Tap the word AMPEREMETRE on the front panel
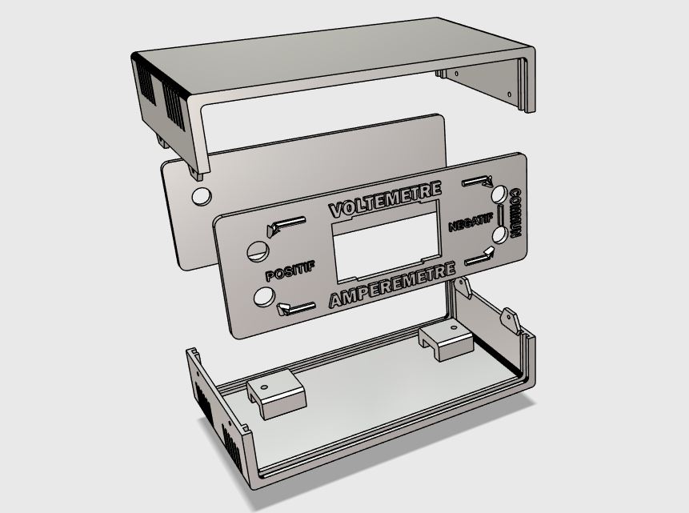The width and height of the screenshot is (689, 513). (392, 285)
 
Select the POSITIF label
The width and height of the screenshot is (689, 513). (290, 270)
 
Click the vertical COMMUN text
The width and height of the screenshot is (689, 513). (515, 213)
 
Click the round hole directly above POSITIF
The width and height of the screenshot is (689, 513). (258, 251)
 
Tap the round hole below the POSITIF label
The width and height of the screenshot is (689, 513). (265, 296)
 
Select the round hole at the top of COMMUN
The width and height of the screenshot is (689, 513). (499, 194)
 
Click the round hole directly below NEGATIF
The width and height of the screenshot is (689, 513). (500, 234)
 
